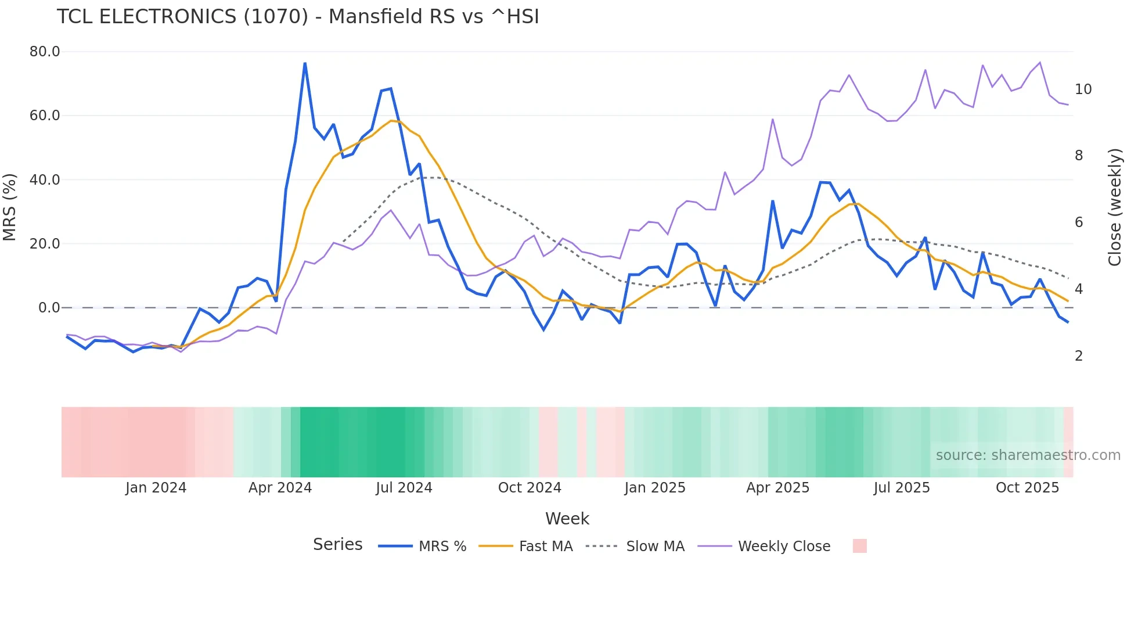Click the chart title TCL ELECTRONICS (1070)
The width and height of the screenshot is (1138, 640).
pyautogui.click(x=298, y=17)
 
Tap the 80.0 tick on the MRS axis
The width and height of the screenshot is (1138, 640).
pyautogui.click(x=45, y=52)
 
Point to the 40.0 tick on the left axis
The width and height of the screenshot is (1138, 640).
pyautogui.click(x=45, y=180)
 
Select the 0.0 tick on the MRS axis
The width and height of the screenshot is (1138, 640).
pyautogui.click(x=49, y=308)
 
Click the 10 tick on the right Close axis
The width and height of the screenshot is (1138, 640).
pyautogui.click(x=1083, y=89)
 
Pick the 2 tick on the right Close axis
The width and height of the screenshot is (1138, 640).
pyautogui.click(x=1079, y=356)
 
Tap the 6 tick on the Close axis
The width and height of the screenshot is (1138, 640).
pyautogui.click(x=1079, y=222)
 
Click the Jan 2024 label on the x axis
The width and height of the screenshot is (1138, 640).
pyautogui.click(x=156, y=488)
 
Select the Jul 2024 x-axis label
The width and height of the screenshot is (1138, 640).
pyautogui.click(x=404, y=488)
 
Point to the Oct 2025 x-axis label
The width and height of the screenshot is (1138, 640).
pyautogui.click(x=1027, y=488)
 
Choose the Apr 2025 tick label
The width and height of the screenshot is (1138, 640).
pyautogui.click(x=777, y=488)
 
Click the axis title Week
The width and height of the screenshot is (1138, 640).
pyautogui.click(x=567, y=519)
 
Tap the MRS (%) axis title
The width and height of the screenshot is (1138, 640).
pyautogui.click(x=10, y=207)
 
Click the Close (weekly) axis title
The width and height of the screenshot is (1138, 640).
pyautogui.click(x=1115, y=207)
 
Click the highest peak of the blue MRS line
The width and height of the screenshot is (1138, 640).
pyautogui.click(x=305, y=63)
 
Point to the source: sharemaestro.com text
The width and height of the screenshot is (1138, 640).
pyautogui.click(x=1028, y=455)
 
